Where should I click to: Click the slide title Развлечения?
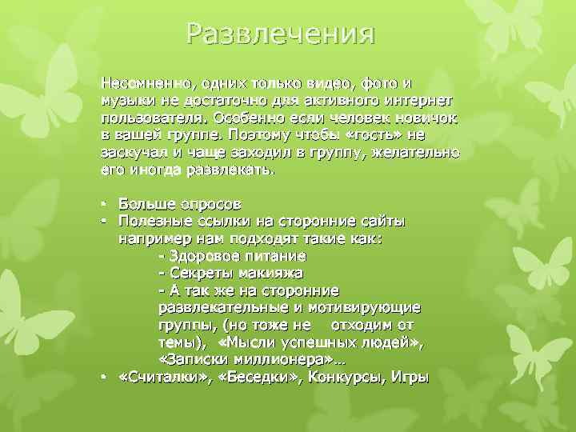point(280,34)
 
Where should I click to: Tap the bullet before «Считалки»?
point(104,378)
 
